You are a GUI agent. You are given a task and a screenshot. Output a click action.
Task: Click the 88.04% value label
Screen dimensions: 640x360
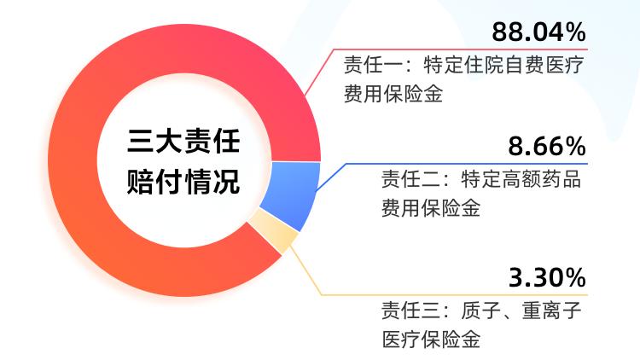538,32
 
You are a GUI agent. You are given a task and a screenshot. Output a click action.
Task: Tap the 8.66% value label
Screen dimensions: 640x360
547,146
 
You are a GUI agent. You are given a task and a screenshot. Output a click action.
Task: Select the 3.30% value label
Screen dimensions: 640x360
547,277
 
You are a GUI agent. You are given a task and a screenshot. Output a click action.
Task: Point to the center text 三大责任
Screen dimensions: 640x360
183,141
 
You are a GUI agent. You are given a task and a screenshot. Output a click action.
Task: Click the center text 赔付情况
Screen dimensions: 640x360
183,182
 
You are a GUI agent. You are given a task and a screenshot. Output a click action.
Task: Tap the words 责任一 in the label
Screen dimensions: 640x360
373,66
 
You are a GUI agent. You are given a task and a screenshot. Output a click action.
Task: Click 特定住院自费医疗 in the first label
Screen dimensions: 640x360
503,66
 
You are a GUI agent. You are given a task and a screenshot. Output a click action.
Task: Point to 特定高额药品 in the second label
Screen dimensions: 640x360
521,179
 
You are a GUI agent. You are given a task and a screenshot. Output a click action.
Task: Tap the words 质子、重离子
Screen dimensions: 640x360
521,311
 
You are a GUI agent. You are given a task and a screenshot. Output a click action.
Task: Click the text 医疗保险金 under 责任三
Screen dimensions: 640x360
431,340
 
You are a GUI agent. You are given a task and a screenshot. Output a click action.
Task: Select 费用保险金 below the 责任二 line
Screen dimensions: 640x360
431,208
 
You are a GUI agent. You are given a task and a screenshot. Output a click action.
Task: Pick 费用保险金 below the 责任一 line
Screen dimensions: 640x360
393,94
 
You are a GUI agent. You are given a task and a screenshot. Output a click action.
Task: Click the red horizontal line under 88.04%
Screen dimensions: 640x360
461,49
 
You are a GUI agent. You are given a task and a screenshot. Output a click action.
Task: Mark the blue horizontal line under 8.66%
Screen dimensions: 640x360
467,164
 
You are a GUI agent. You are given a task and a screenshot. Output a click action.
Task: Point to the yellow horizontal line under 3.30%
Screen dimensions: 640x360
454,294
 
